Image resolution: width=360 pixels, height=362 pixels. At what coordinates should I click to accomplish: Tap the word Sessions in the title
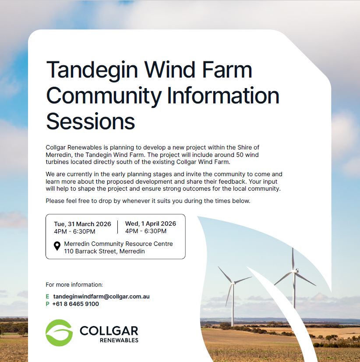(91, 121)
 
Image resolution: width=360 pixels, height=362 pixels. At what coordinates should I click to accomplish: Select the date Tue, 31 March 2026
(82, 224)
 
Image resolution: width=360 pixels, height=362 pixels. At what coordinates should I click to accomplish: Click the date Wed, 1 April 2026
(151, 224)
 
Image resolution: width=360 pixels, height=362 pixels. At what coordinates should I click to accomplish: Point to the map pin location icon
(57, 246)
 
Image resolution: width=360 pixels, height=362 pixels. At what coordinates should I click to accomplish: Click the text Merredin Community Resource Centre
(118, 244)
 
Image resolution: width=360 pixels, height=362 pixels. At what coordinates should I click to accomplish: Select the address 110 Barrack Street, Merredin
(104, 251)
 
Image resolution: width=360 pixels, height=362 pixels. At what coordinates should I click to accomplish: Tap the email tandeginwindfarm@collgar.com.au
(101, 296)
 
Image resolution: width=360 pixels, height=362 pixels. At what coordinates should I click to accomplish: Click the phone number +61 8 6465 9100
(76, 304)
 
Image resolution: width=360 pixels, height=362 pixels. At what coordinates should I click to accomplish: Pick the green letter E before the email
(48, 296)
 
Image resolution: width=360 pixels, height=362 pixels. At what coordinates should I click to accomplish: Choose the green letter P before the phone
(48, 304)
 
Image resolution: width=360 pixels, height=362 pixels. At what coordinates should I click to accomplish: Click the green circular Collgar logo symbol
(59, 333)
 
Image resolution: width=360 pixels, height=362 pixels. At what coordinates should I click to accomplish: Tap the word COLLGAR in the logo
(109, 331)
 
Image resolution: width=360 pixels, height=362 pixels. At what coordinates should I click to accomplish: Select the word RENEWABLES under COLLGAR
(119, 340)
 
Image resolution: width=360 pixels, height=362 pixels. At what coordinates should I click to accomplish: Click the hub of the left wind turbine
(233, 283)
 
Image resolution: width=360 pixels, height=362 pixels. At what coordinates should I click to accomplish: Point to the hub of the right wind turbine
(295, 271)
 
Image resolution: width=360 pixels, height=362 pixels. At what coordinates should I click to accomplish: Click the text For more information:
(74, 285)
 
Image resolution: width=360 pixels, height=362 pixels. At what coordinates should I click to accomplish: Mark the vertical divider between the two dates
(118, 227)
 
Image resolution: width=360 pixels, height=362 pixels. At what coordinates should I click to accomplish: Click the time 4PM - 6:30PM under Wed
(146, 231)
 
